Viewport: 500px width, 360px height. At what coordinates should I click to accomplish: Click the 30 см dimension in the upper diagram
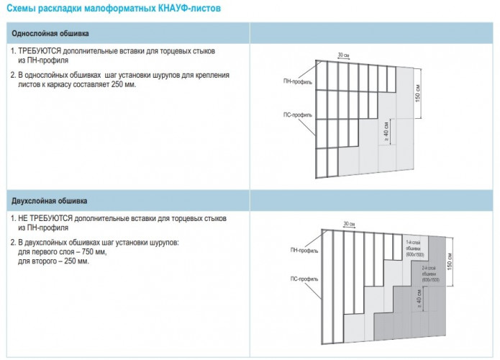[345, 54]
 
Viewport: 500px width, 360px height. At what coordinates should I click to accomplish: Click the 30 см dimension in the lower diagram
[349, 224]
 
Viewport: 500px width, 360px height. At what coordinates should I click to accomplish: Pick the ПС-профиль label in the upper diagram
[297, 115]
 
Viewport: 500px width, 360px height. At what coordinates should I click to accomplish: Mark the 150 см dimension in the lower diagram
[450, 262]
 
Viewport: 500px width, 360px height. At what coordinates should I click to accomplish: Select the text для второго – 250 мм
[54, 261]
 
